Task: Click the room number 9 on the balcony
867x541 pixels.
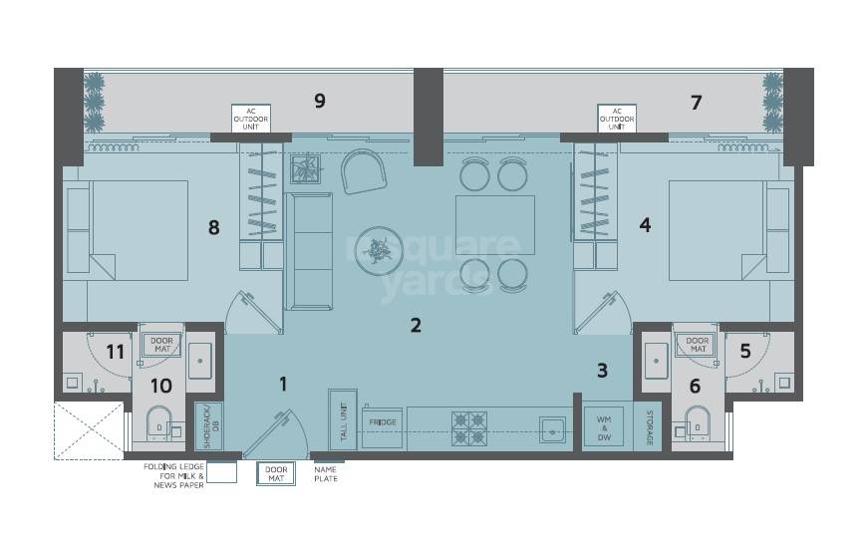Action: (x=320, y=101)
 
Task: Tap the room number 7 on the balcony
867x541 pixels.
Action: (x=696, y=102)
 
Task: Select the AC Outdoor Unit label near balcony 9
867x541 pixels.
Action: (x=251, y=119)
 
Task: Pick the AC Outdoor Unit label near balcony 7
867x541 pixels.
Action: (x=617, y=119)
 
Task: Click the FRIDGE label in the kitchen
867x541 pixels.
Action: (x=383, y=422)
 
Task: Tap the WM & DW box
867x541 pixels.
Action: (x=603, y=426)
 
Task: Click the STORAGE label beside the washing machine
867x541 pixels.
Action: (x=649, y=426)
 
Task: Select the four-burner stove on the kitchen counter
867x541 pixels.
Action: (x=468, y=428)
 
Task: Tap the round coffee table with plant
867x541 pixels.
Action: (x=379, y=250)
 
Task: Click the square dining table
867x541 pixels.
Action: (x=494, y=225)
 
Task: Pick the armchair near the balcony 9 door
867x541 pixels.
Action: (x=363, y=171)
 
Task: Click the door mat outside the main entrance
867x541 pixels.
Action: (x=276, y=474)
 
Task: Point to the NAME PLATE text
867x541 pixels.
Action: (x=326, y=474)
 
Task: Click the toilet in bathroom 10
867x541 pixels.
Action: (x=158, y=423)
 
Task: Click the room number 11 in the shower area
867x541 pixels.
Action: (x=115, y=351)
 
